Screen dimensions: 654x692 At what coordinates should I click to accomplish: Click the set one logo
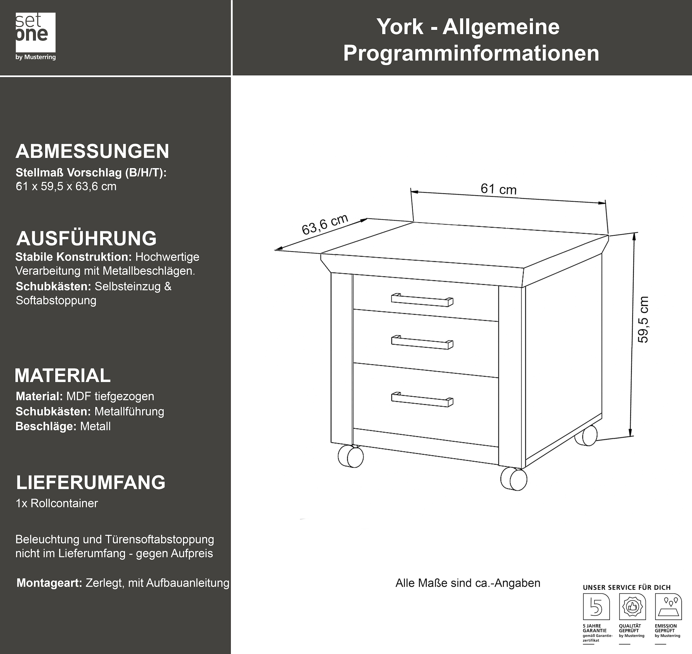35,36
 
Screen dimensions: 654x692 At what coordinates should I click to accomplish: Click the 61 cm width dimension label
498,189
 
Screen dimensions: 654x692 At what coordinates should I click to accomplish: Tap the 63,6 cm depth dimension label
324,224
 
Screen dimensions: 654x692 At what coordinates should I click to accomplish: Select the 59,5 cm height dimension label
643,319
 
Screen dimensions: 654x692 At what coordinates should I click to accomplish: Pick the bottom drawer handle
422,400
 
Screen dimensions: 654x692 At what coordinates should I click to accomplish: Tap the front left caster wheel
351,456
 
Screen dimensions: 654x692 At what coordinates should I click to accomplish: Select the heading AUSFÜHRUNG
86,239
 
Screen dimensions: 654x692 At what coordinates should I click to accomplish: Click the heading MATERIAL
63,375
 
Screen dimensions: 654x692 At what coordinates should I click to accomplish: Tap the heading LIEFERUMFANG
91,482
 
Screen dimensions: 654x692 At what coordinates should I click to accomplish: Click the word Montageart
49,583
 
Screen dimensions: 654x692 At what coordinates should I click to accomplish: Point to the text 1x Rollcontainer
57,503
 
